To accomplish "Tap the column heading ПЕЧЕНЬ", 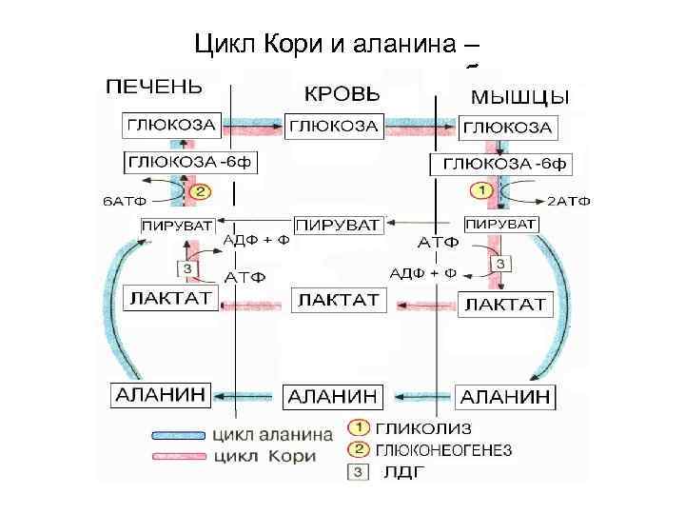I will coord(153,88).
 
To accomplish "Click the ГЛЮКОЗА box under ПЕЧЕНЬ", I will coord(172,125).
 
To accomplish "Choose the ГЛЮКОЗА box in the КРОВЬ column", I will coord(333,125).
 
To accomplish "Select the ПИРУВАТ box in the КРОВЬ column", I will coord(339,226).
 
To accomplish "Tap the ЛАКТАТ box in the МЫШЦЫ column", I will coord(503,304).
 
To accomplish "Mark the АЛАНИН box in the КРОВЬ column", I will coord(332,394).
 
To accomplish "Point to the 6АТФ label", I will coord(124,202).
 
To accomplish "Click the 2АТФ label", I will coord(570,202).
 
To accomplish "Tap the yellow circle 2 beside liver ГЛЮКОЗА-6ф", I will coord(200,191).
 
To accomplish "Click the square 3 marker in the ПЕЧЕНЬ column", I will coord(187,269).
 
